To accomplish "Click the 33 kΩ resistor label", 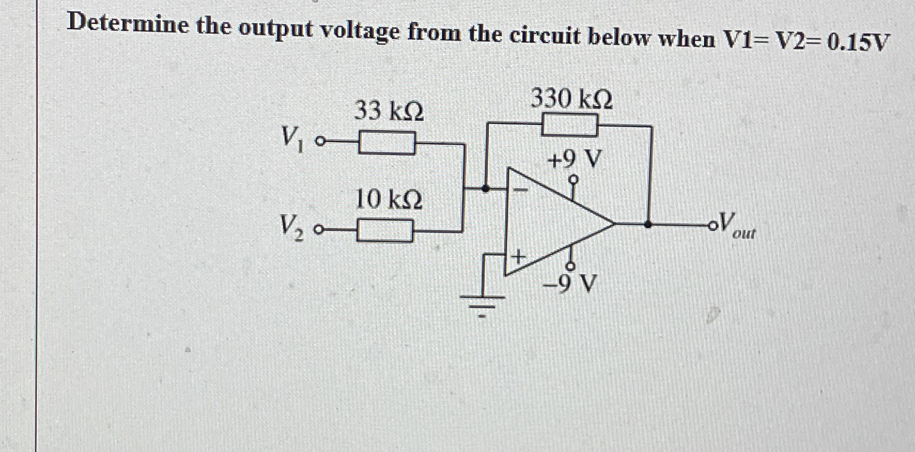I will point(389,112).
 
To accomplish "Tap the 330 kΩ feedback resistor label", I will point(571,99).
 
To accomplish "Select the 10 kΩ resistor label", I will point(389,200).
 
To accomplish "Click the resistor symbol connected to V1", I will point(386,143).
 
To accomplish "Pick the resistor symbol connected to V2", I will point(385,231).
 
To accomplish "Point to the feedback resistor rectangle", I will point(570,126).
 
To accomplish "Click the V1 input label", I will point(292,139).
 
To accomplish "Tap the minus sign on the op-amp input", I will point(521,189).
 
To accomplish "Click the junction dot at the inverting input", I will point(486,188).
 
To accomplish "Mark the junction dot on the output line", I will point(648,225).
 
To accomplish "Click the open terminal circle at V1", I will point(320,142).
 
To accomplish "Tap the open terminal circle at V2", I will point(319,231).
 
